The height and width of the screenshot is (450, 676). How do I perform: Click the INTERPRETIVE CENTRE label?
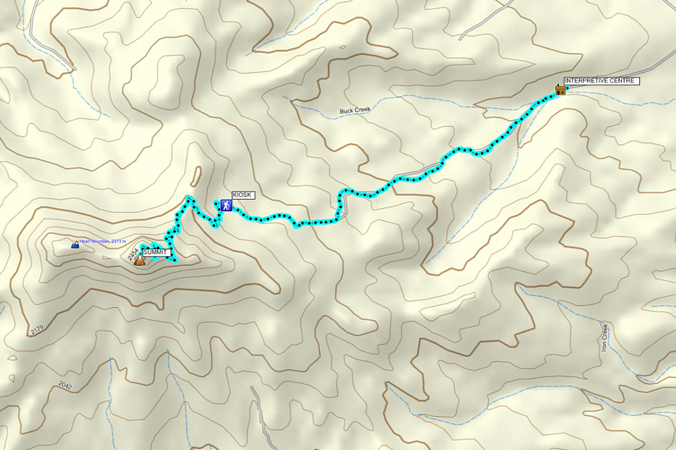tap(601, 80)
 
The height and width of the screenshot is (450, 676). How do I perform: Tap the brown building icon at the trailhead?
tap(560, 89)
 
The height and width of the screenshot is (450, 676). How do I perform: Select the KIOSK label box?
tap(243, 195)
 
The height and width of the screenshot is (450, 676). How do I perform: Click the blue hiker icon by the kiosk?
tap(225, 204)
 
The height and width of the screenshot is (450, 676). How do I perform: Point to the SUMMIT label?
tap(155, 252)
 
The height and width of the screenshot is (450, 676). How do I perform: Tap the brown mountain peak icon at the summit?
tap(140, 260)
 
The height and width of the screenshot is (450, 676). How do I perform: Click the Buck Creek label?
tap(355, 110)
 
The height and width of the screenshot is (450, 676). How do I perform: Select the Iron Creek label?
tap(605, 337)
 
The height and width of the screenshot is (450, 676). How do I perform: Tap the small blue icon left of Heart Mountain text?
tap(74, 245)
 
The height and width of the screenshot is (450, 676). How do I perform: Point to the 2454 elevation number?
tap(132, 255)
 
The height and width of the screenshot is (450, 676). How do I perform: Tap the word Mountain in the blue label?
tap(100, 242)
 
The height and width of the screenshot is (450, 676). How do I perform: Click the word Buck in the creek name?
tap(346, 110)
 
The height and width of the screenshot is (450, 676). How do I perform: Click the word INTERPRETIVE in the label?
tap(587, 80)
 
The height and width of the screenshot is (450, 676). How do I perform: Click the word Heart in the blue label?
tap(84, 242)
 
